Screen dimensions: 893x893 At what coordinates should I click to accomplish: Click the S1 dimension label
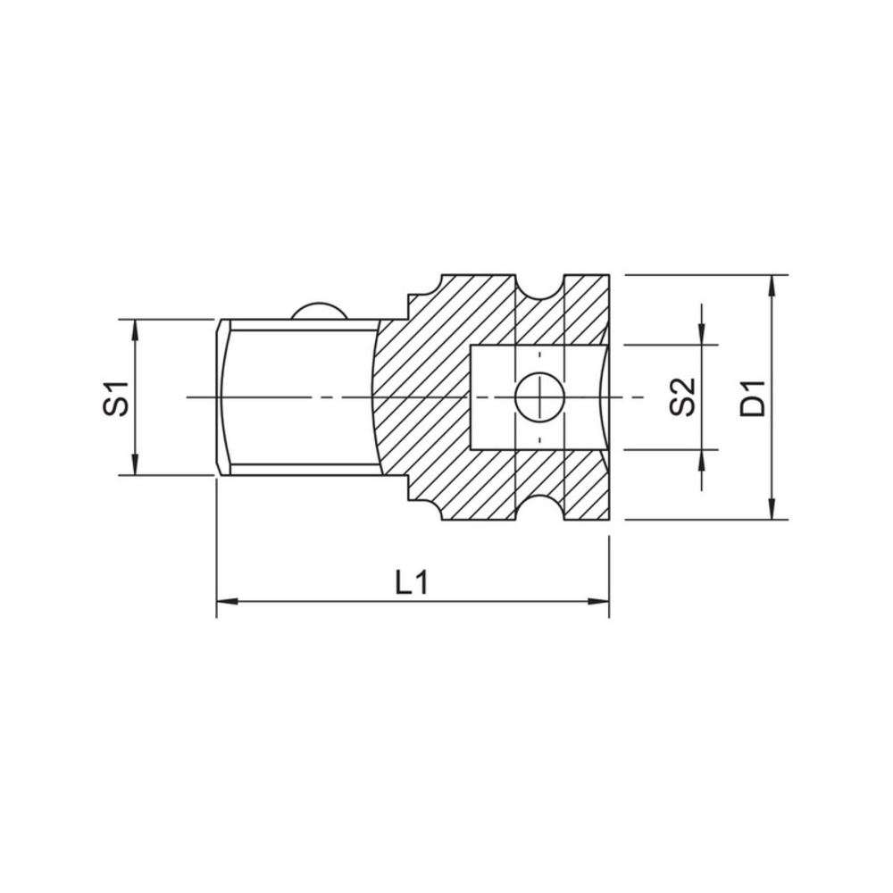coord(115,397)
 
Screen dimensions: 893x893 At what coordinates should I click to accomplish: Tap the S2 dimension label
coord(683,397)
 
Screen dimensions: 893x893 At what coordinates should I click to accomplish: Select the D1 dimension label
coord(755,397)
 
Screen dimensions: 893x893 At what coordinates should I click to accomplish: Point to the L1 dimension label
coord(413,583)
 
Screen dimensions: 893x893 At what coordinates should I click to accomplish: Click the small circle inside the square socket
coord(538,396)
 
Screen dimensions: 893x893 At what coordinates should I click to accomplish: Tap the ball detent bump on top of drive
coord(318,310)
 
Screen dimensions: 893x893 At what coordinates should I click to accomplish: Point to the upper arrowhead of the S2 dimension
coord(704,334)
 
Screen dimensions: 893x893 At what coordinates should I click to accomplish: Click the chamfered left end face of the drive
coord(221,396)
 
